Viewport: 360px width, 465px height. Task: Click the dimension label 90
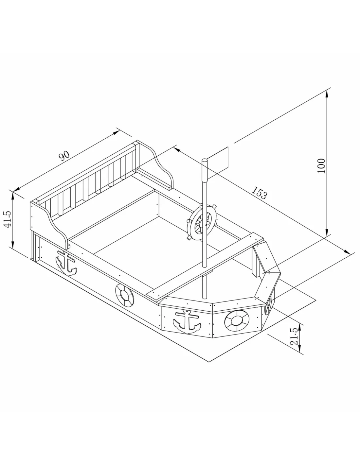(x=64, y=156)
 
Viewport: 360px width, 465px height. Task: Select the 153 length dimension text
(x=259, y=193)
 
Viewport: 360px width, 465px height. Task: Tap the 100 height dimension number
(x=321, y=166)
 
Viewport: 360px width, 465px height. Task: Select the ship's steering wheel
(x=201, y=222)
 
